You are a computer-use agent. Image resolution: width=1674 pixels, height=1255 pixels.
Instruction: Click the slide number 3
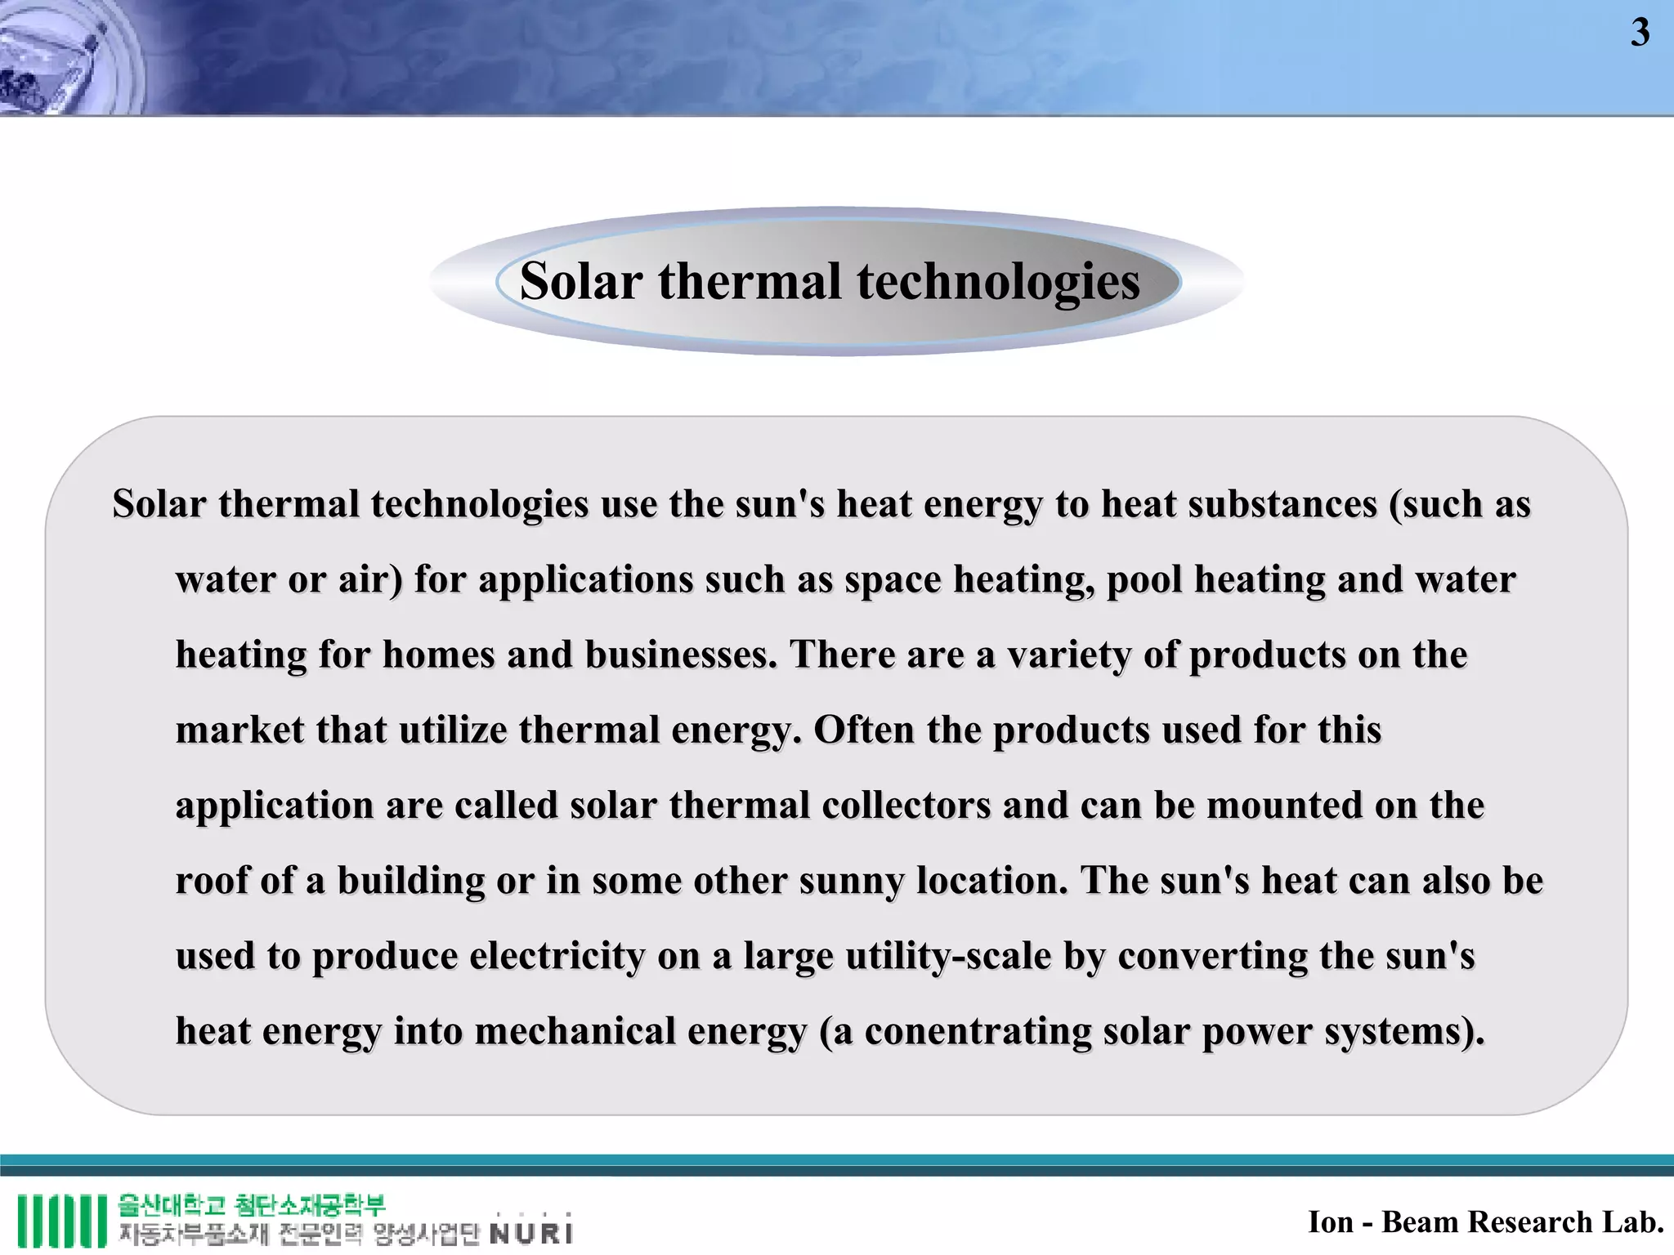(x=1640, y=33)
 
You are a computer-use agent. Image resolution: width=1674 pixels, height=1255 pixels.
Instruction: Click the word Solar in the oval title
(x=580, y=282)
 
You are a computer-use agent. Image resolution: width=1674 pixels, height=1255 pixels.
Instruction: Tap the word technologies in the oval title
(x=998, y=282)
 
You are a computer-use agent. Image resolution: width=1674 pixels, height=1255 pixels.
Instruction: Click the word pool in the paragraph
(x=1144, y=580)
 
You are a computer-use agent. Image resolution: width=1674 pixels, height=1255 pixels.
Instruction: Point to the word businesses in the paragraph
(x=680, y=655)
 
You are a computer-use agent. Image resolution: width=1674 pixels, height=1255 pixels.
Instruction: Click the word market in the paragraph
(x=239, y=730)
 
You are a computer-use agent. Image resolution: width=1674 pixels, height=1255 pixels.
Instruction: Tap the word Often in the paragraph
(x=864, y=730)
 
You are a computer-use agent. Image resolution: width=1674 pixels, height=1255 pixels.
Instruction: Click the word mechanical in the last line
(x=575, y=1031)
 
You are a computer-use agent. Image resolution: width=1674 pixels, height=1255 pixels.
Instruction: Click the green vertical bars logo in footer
(x=62, y=1222)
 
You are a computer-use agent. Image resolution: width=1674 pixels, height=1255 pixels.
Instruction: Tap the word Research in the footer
(x=1528, y=1222)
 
